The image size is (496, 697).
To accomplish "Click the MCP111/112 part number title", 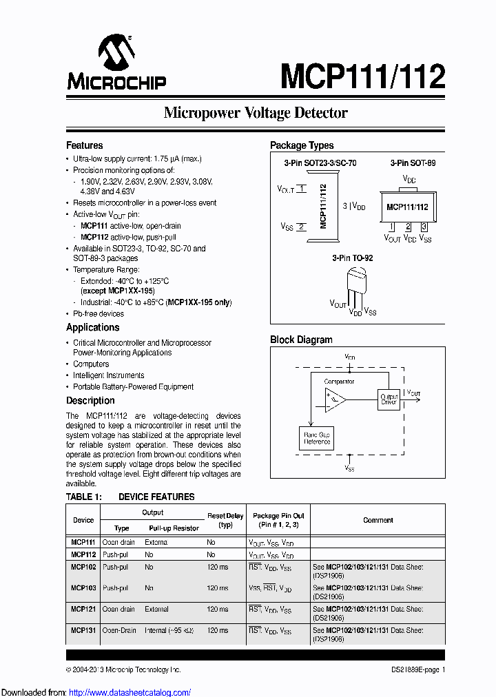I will point(362,76).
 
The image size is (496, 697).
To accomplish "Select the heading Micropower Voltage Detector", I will point(256,113).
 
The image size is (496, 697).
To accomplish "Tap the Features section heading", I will point(84,145).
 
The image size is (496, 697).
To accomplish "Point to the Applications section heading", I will point(92,327).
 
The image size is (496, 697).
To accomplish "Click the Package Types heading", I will point(302,145).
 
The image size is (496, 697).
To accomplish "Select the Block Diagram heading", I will point(301,340).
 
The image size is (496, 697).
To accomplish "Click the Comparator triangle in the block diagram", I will point(335,399).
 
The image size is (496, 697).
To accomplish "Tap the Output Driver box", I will point(389,399).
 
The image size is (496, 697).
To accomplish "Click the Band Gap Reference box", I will point(316,438).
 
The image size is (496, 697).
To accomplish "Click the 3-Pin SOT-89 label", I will point(413,163).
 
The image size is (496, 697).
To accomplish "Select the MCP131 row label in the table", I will point(83,631).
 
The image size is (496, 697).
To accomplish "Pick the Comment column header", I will point(378,520).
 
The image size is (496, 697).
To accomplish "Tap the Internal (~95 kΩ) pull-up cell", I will point(167,631).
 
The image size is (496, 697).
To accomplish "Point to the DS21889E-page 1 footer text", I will point(413,669).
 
